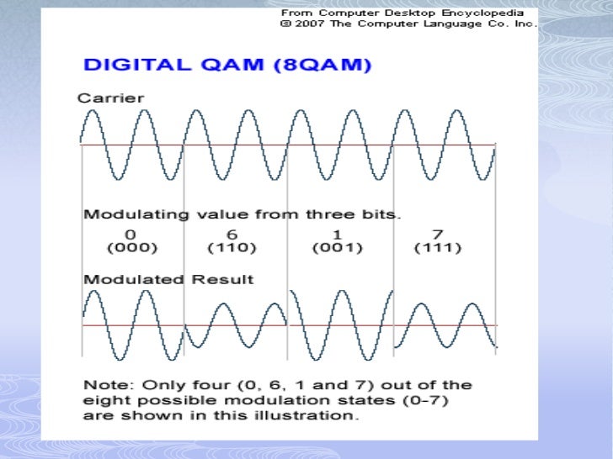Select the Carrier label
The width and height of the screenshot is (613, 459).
(x=110, y=98)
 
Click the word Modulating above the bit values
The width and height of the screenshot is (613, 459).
(x=125, y=214)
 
